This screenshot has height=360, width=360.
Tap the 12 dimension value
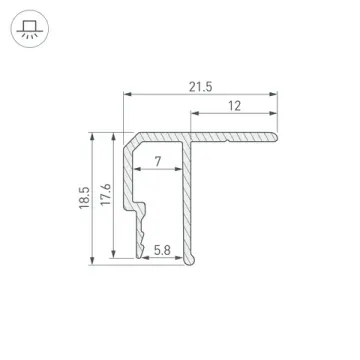[232, 106]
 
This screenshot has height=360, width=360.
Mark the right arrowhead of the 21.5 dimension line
[281, 96]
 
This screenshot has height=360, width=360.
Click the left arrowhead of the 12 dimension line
[187, 116]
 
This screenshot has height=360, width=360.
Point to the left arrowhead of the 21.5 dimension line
[125, 96]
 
